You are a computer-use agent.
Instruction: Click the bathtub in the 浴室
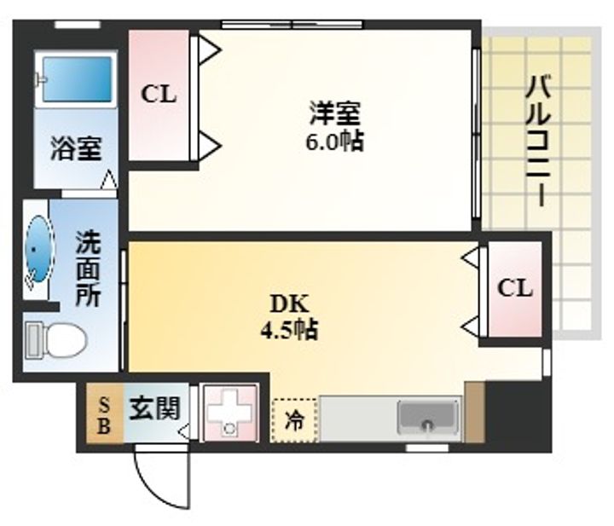77,79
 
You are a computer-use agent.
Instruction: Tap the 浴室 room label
76,148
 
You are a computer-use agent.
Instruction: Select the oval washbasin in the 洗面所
38,249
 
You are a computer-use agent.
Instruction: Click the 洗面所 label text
88,269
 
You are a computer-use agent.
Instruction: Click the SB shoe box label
104,415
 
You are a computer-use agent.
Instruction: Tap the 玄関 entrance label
154,408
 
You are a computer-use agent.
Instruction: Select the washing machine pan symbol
229,413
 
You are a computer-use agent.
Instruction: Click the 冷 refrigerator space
294,420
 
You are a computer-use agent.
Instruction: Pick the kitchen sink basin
428,417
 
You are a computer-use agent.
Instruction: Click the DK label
290,303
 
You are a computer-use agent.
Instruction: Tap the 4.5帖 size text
289,330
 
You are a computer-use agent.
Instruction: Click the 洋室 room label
335,113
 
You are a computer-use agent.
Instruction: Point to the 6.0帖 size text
335,141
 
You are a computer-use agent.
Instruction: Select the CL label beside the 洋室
159,95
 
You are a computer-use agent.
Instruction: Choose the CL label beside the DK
515,288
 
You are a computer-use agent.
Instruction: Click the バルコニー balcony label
539,141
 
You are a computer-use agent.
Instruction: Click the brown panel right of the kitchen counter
475,412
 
